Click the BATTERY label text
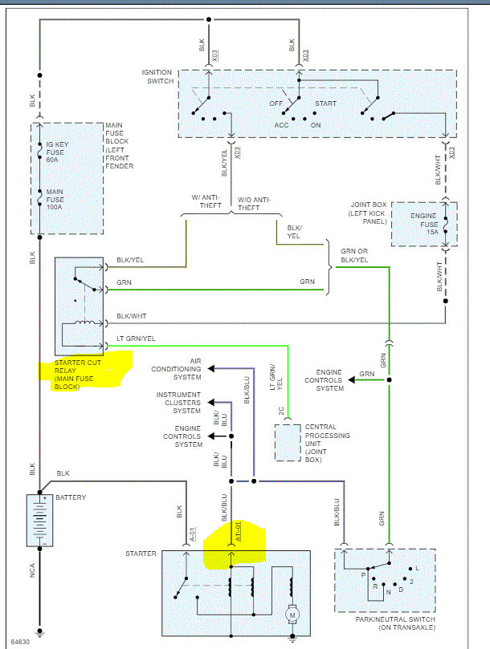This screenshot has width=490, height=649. (71, 497)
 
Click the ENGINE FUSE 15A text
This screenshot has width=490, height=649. (423, 221)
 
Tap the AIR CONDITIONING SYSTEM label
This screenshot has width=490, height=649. (177, 369)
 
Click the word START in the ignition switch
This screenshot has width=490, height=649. (325, 104)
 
